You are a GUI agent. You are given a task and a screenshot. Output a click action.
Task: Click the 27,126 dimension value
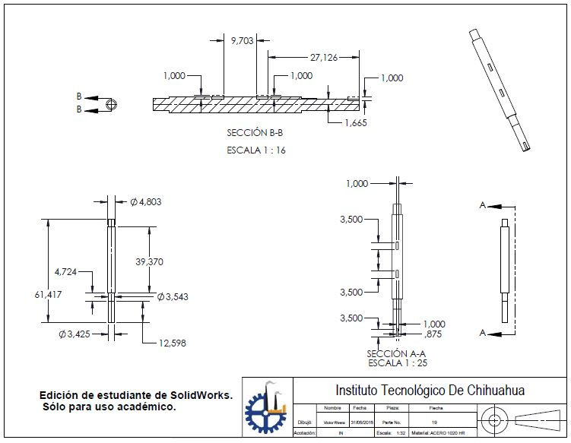pyautogui.click(x=324, y=57)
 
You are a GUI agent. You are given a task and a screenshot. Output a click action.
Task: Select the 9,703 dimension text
pyautogui.click(x=243, y=41)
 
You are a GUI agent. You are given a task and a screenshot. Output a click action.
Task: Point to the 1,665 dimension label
pyautogui.click(x=356, y=122)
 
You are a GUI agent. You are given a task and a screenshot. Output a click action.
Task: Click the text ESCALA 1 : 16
pyautogui.click(x=256, y=150)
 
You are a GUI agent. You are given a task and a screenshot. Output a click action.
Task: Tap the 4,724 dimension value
pyautogui.click(x=66, y=271)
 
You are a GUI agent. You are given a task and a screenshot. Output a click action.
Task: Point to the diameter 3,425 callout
pyautogui.click(x=75, y=334)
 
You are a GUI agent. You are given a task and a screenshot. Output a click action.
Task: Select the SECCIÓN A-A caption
pyautogui.click(x=395, y=353)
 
